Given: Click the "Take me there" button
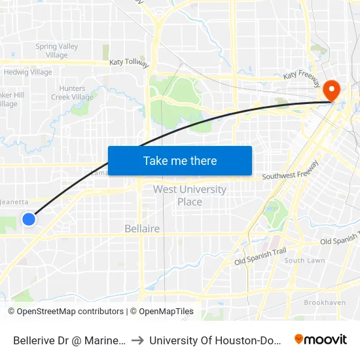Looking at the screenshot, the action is (180, 160).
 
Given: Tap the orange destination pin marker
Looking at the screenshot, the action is (332, 90).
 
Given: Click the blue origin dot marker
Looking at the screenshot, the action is (29, 219).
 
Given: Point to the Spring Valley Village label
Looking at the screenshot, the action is (57, 50).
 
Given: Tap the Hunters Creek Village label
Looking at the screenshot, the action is (72, 93).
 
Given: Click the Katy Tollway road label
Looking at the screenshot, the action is (129, 62).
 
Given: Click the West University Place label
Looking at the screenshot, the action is (190, 195).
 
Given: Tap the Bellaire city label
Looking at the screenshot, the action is (142, 229).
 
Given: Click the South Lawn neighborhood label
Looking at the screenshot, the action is (304, 261).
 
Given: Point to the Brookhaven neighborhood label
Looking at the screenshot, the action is (325, 302).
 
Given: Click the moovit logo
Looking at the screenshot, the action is (320, 340).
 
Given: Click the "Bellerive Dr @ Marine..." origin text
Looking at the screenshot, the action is (69, 340).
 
